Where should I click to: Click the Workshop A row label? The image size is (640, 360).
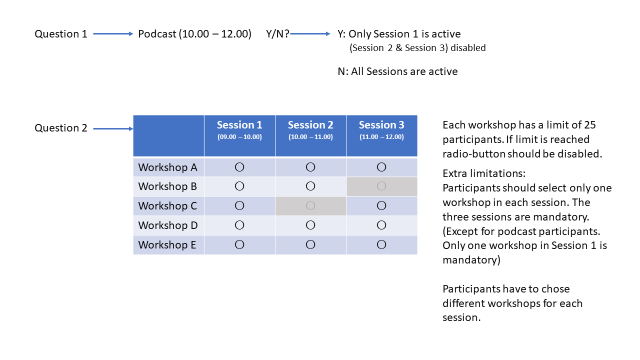coord(167,167)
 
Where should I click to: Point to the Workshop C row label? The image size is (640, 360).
coord(167,205)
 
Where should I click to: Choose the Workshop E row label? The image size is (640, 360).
coord(167,245)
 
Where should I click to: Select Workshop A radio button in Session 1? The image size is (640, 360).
coord(239,167)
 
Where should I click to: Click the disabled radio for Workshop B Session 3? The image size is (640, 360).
coord(381,186)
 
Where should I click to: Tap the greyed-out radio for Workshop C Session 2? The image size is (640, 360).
coord(310,205)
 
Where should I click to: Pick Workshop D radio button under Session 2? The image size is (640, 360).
coord(310,225)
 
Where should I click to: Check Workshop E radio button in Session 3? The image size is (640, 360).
coord(381,244)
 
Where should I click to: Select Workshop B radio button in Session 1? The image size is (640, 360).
coord(239,186)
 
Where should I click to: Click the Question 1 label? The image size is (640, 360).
coord(61,34)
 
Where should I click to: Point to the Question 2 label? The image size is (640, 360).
coord(61,128)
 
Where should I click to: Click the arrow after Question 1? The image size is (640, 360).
coord(113,34)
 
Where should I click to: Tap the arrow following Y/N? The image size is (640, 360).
coord(310,34)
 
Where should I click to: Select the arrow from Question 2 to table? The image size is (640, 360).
coord(113,129)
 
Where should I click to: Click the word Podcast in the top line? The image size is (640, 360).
coord(157,34)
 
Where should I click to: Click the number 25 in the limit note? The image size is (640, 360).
coord(589,125)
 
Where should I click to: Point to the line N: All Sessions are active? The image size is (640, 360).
coord(397,71)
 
